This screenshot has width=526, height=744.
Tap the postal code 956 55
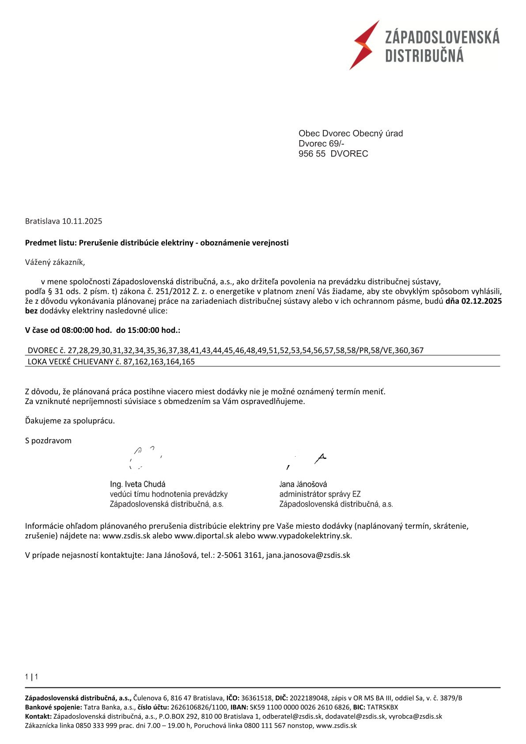(312, 154)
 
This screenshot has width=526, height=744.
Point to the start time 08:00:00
(78, 330)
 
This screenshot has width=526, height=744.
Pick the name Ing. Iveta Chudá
(138, 484)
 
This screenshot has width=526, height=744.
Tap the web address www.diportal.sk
(204, 536)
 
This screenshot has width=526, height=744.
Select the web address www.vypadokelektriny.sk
(304, 536)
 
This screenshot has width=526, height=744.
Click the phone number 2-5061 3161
(239, 555)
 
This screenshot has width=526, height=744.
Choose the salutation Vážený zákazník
(55, 262)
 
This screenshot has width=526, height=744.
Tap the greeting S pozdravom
(48, 441)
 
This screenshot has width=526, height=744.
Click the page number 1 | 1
(32, 677)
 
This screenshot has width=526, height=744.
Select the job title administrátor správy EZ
(320, 494)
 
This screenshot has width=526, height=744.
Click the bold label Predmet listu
(50, 243)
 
